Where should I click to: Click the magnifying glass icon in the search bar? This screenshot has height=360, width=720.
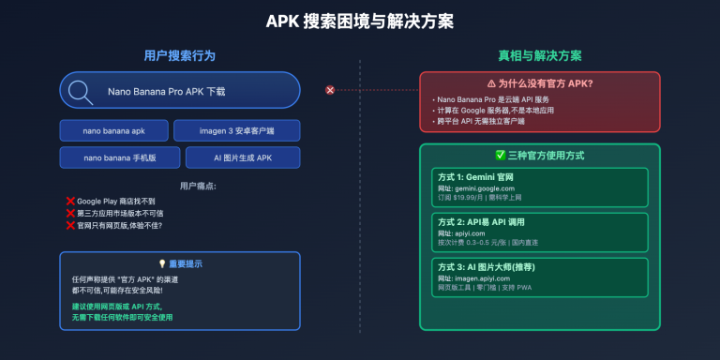pos(82,92)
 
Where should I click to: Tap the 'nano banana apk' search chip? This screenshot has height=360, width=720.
pos(113,130)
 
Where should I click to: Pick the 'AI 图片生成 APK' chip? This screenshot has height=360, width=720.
pos(243,157)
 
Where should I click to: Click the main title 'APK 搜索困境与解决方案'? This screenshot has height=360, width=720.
pos(360,20)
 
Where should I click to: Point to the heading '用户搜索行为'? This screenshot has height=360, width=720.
pos(179,54)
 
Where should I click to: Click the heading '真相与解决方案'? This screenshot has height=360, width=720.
pos(539,54)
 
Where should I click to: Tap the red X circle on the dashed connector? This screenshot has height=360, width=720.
pos(330,90)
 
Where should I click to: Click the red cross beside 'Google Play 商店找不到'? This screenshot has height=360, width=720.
pos(70,201)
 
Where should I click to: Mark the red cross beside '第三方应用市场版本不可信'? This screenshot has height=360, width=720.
pos(70,213)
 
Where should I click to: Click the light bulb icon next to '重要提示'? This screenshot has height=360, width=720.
pos(161,264)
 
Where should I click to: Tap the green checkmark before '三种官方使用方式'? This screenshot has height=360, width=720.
pos(500,156)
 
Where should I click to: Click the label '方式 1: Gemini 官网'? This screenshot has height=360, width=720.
pos(475,177)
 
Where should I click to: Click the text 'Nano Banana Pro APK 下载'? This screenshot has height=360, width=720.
pos(167,92)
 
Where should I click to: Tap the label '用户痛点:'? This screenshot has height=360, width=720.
pos(179,186)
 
